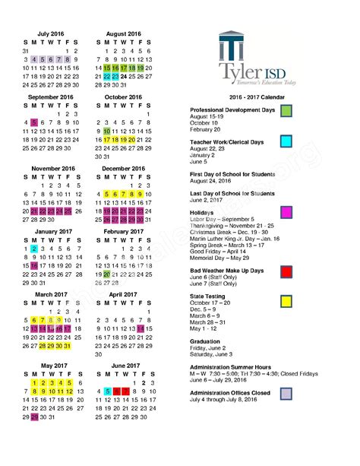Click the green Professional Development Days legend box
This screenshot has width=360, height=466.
tap(286, 112)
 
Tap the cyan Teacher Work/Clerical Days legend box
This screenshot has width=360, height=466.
tap(286, 141)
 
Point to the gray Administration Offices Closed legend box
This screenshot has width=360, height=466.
tap(286, 393)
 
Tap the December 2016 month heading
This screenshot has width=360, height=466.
tap(123, 169)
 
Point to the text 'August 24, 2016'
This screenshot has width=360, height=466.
tap(215, 182)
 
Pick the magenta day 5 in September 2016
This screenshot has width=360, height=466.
tap(34, 122)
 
